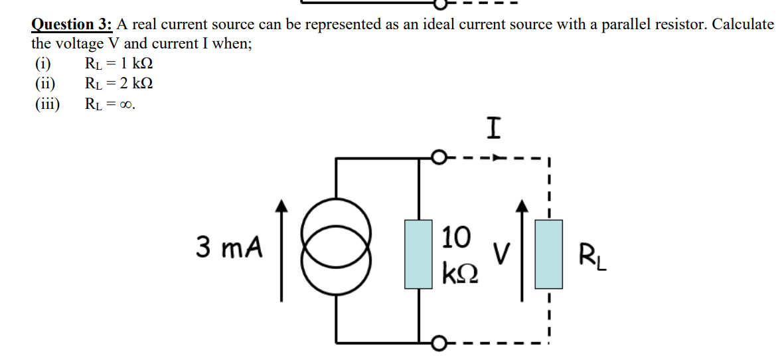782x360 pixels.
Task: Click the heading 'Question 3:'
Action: click(x=72, y=25)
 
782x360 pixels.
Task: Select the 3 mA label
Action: click(x=228, y=248)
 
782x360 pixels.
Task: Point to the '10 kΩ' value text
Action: click(x=457, y=253)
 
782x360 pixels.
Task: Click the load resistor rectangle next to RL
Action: click(x=549, y=254)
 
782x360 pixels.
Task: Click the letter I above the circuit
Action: click(x=492, y=128)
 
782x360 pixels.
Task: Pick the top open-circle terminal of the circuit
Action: click(x=437, y=158)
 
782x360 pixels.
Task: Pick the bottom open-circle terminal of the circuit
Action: click(x=437, y=343)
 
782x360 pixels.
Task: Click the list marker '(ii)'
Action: click(x=45, y=84)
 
